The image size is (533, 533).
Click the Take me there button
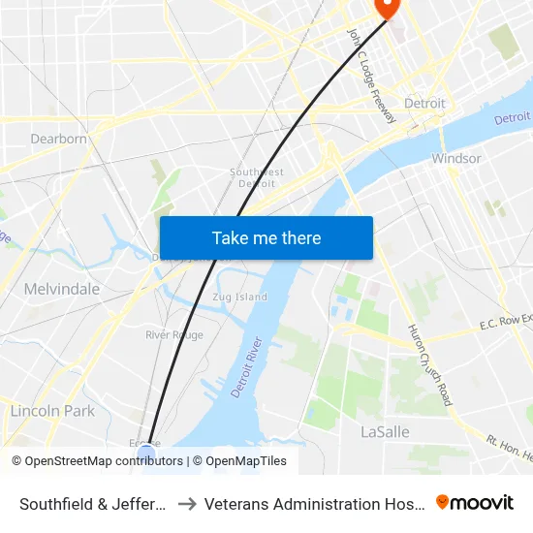click(x=266, y=237)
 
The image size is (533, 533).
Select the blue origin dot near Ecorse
click(x=146, y=453)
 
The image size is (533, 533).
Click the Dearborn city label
click(x=58, y=139)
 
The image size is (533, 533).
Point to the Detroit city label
click(x=424, y=103)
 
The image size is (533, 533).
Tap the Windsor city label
click(x=455, y=158)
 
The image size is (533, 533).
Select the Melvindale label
click(x=62, y=289)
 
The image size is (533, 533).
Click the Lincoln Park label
click(x=52, y=411)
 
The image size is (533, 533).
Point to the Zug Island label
click(x=239, y=297)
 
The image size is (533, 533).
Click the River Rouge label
click(x=174, y=334)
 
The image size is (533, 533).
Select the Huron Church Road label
click(x=428, y=364)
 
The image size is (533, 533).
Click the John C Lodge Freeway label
click(x=371, y=76)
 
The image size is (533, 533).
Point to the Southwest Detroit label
click(x=257, y=177)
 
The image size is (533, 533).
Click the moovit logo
click(x=475, y=503)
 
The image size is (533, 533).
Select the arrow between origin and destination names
click(x=187, y=504)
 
